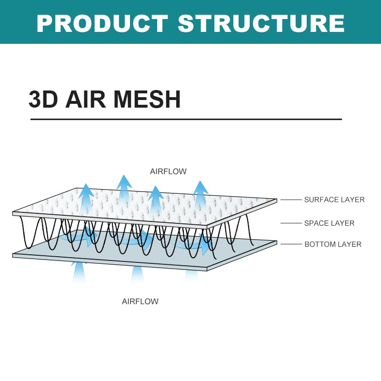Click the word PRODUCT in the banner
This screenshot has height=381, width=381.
pos(102,23)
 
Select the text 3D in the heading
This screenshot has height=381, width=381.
pos(44,100)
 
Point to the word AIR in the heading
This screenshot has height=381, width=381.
pos(86,100)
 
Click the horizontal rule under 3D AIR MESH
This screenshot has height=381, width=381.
pos(186,119)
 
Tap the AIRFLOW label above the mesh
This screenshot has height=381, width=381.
pos(168,171)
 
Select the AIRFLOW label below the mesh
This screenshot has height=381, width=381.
pos(140,301)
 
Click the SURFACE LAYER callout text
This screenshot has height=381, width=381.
pos(334,200)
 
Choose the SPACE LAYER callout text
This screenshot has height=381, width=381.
pos(329,223)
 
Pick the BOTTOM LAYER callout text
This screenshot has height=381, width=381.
pos(333,244)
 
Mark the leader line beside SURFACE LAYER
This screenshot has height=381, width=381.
pos(291,200)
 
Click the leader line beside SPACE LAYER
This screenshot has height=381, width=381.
pos(291,223)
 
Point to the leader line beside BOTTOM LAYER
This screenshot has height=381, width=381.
pos(291,244)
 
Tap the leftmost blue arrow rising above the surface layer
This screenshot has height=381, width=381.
pos(86,195)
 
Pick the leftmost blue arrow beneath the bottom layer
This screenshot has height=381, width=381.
pos(79,271)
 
